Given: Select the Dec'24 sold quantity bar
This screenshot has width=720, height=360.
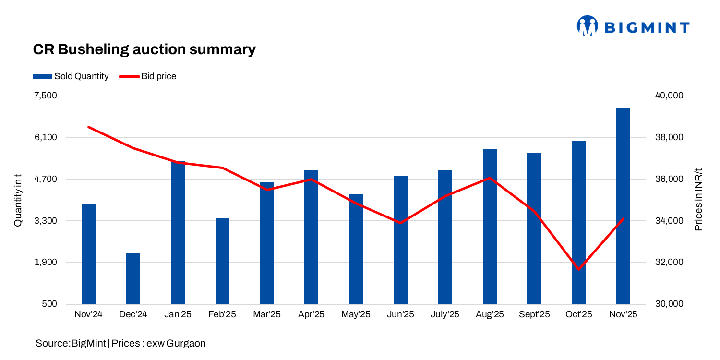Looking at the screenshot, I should (133, 278).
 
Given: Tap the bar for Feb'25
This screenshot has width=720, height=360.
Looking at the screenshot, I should (222, 261).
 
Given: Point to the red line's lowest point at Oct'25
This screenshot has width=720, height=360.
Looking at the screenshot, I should (578, 269).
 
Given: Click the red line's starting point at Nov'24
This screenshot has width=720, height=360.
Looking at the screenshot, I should (89, 127).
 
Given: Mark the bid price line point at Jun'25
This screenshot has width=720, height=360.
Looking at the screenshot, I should (400, 223).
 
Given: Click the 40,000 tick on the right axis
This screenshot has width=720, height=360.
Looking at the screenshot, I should (669, 96).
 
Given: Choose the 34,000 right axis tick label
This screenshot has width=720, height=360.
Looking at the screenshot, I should (669, 221).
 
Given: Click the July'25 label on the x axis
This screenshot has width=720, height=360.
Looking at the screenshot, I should (445, 315).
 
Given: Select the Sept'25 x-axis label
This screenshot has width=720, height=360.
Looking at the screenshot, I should (534, 315).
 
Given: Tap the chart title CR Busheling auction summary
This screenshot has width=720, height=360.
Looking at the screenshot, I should (144, 49).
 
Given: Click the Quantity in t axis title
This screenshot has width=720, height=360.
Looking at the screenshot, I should (18, 200).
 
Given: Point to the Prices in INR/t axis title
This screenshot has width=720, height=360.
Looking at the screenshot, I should (698, 200).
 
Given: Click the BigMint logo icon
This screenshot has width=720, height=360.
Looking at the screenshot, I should (587, 26).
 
